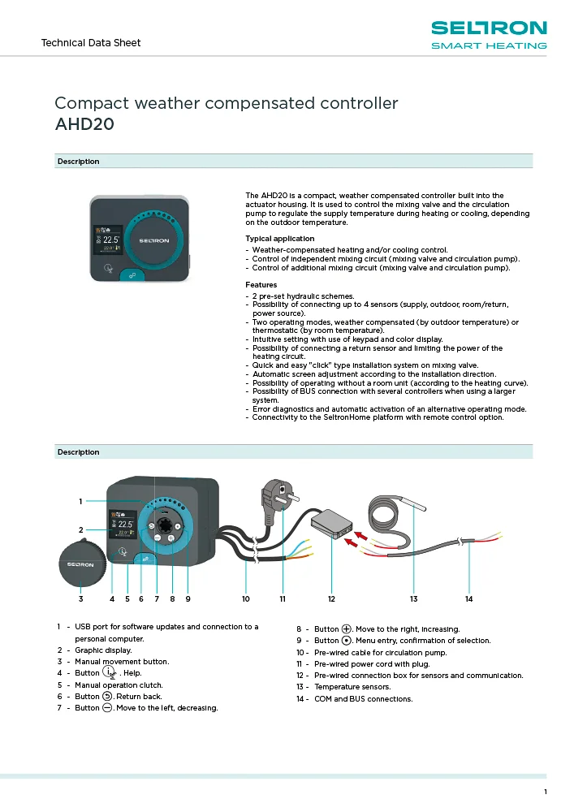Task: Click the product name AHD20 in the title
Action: tap(84, 124)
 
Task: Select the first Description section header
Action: tap(79, 162)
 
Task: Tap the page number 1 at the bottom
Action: tap(546, 792)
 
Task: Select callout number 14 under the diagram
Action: tap(468, 599)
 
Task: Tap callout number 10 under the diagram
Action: tap(245, 599)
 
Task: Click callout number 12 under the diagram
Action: tap(331, 599)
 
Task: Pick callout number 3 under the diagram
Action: tap(81, 599)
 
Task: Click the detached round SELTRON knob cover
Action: tap(81, 564)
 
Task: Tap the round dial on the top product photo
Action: tap(158, 240)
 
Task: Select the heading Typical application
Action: tap(274, 239)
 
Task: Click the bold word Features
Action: tap(261, 285)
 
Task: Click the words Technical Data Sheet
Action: tap(91, 42)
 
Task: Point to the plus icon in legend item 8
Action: tap(347, 628)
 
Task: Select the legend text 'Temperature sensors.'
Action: tap(352, 687)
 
